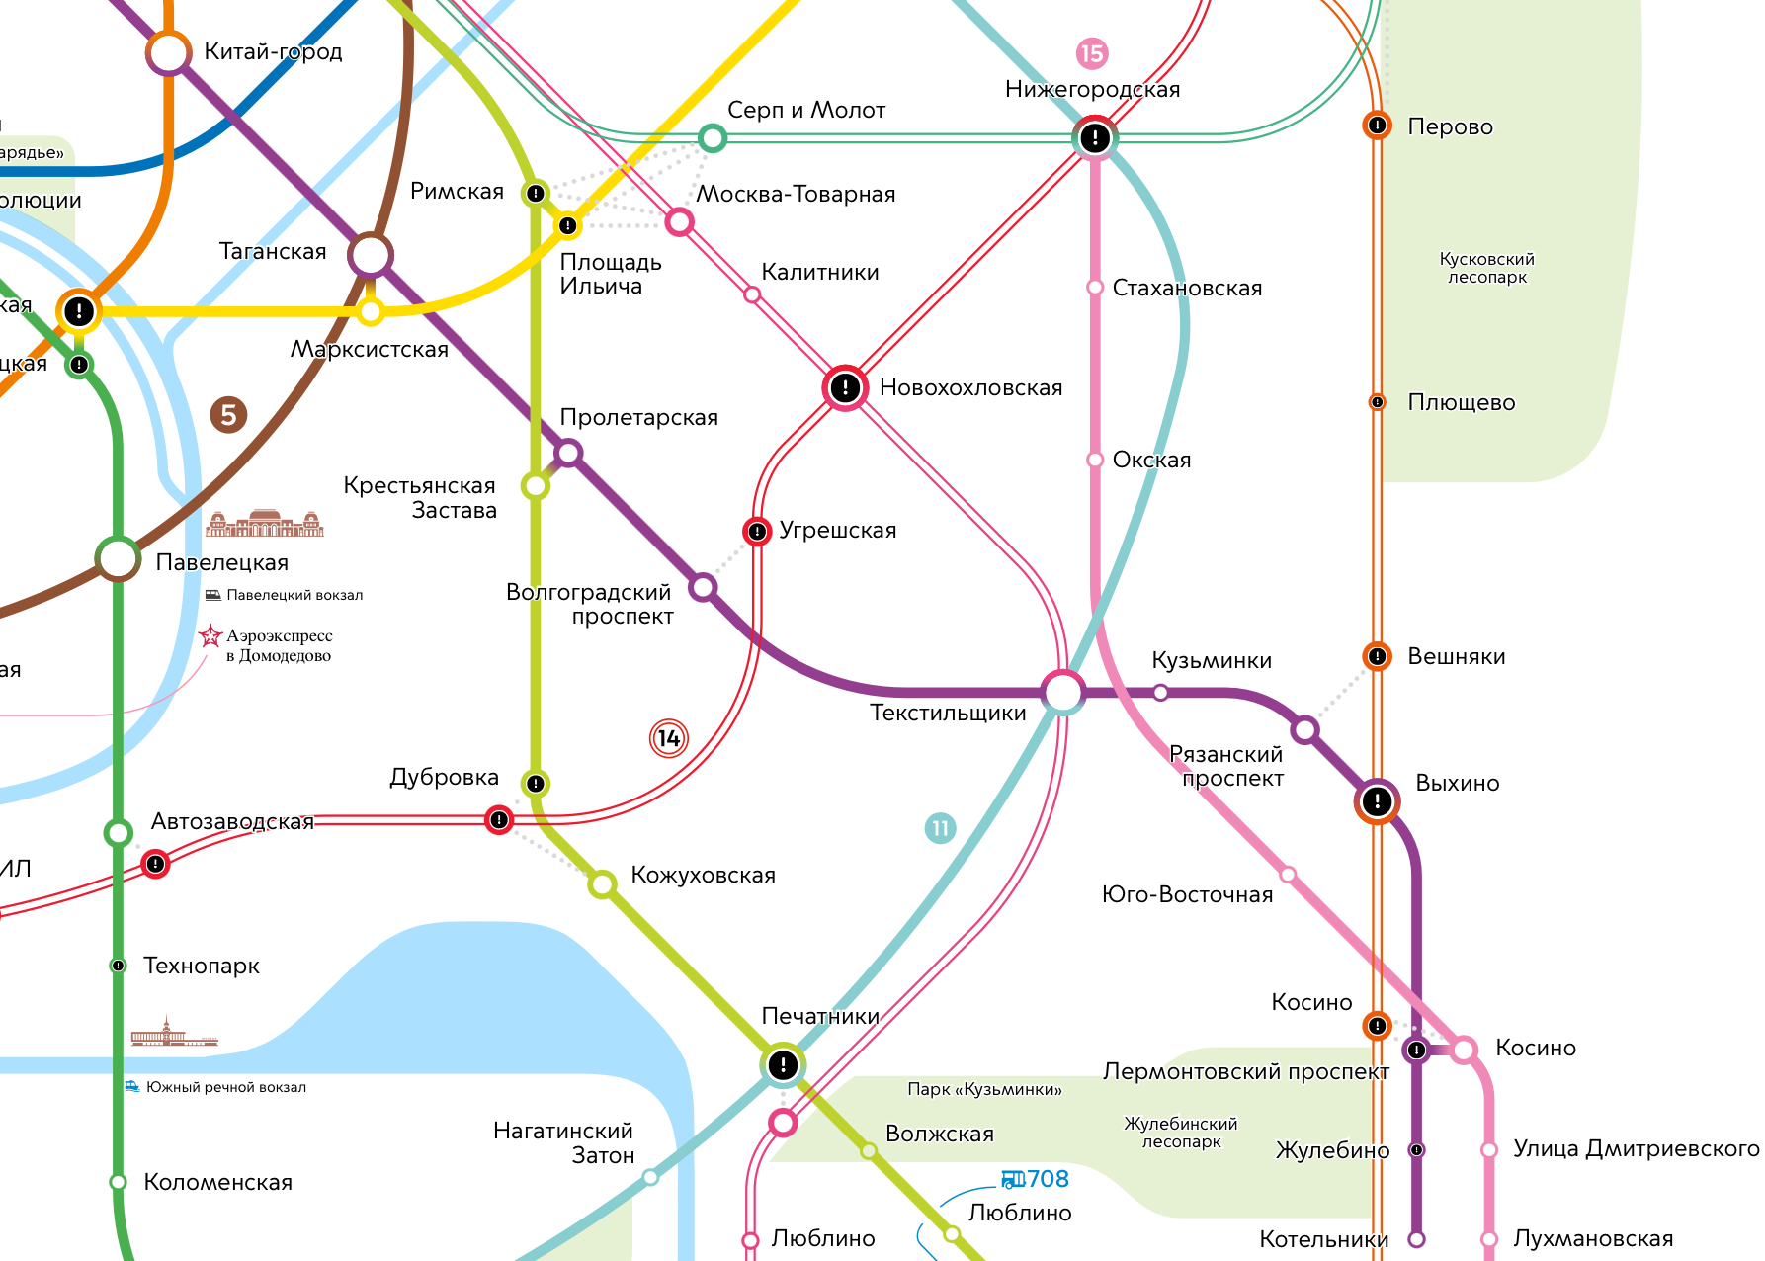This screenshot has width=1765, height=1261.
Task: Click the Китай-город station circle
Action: pos(169,53)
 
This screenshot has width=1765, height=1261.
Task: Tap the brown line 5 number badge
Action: pos(228,415)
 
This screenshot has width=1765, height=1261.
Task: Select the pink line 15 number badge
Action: pos(1092,53)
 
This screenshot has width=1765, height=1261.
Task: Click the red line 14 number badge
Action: pos(669,738)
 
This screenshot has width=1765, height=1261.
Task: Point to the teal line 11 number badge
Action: pos(940,828)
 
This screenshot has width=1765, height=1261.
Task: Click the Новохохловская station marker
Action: pos(845,387)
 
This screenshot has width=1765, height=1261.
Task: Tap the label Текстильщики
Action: pos(948,714)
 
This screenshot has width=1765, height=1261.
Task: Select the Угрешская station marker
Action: pos(757,532)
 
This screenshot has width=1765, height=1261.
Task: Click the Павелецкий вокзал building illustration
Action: pos(265,524)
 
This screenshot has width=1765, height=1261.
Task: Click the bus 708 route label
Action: pos(1036,1179)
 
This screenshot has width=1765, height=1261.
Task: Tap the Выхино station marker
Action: pos(1377,801)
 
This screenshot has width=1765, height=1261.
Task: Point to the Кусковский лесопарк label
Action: pos(1486,268)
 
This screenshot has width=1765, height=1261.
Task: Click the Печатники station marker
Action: pos(783,1064)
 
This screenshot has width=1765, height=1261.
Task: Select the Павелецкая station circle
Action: pos(119,559)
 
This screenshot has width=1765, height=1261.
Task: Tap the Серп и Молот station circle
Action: pos(713,137)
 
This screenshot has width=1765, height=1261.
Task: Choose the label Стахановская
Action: pos(1187,289)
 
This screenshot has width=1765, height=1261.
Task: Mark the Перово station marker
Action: pos(1377,126)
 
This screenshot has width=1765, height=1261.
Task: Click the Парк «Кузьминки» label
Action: pos(984,1089)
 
